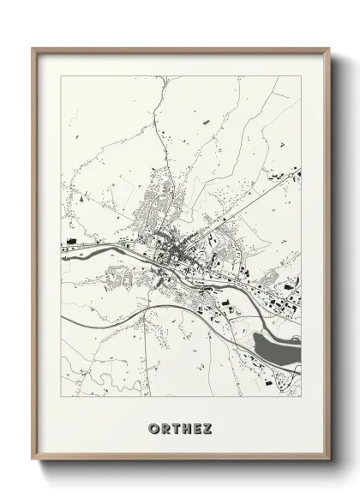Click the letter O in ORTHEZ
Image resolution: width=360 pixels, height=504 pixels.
click(153, 428)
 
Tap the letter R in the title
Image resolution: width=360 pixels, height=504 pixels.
click(164, 428)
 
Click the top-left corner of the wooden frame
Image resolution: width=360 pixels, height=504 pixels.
click(33, 49)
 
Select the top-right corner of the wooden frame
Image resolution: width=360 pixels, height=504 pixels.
click(329, 49)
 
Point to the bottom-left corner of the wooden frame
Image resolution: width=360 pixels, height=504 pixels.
click(33, 459)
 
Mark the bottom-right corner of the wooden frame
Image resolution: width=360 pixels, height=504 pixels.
click(329, 459)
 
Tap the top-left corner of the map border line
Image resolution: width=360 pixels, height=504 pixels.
click(62, 76)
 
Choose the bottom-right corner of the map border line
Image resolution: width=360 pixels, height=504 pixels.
click(301, 396)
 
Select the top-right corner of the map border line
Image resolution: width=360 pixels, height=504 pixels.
click(301, 76)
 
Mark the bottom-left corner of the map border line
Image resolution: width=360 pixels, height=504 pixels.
click(62, 396)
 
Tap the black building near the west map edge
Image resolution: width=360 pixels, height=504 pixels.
click(72, 239)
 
